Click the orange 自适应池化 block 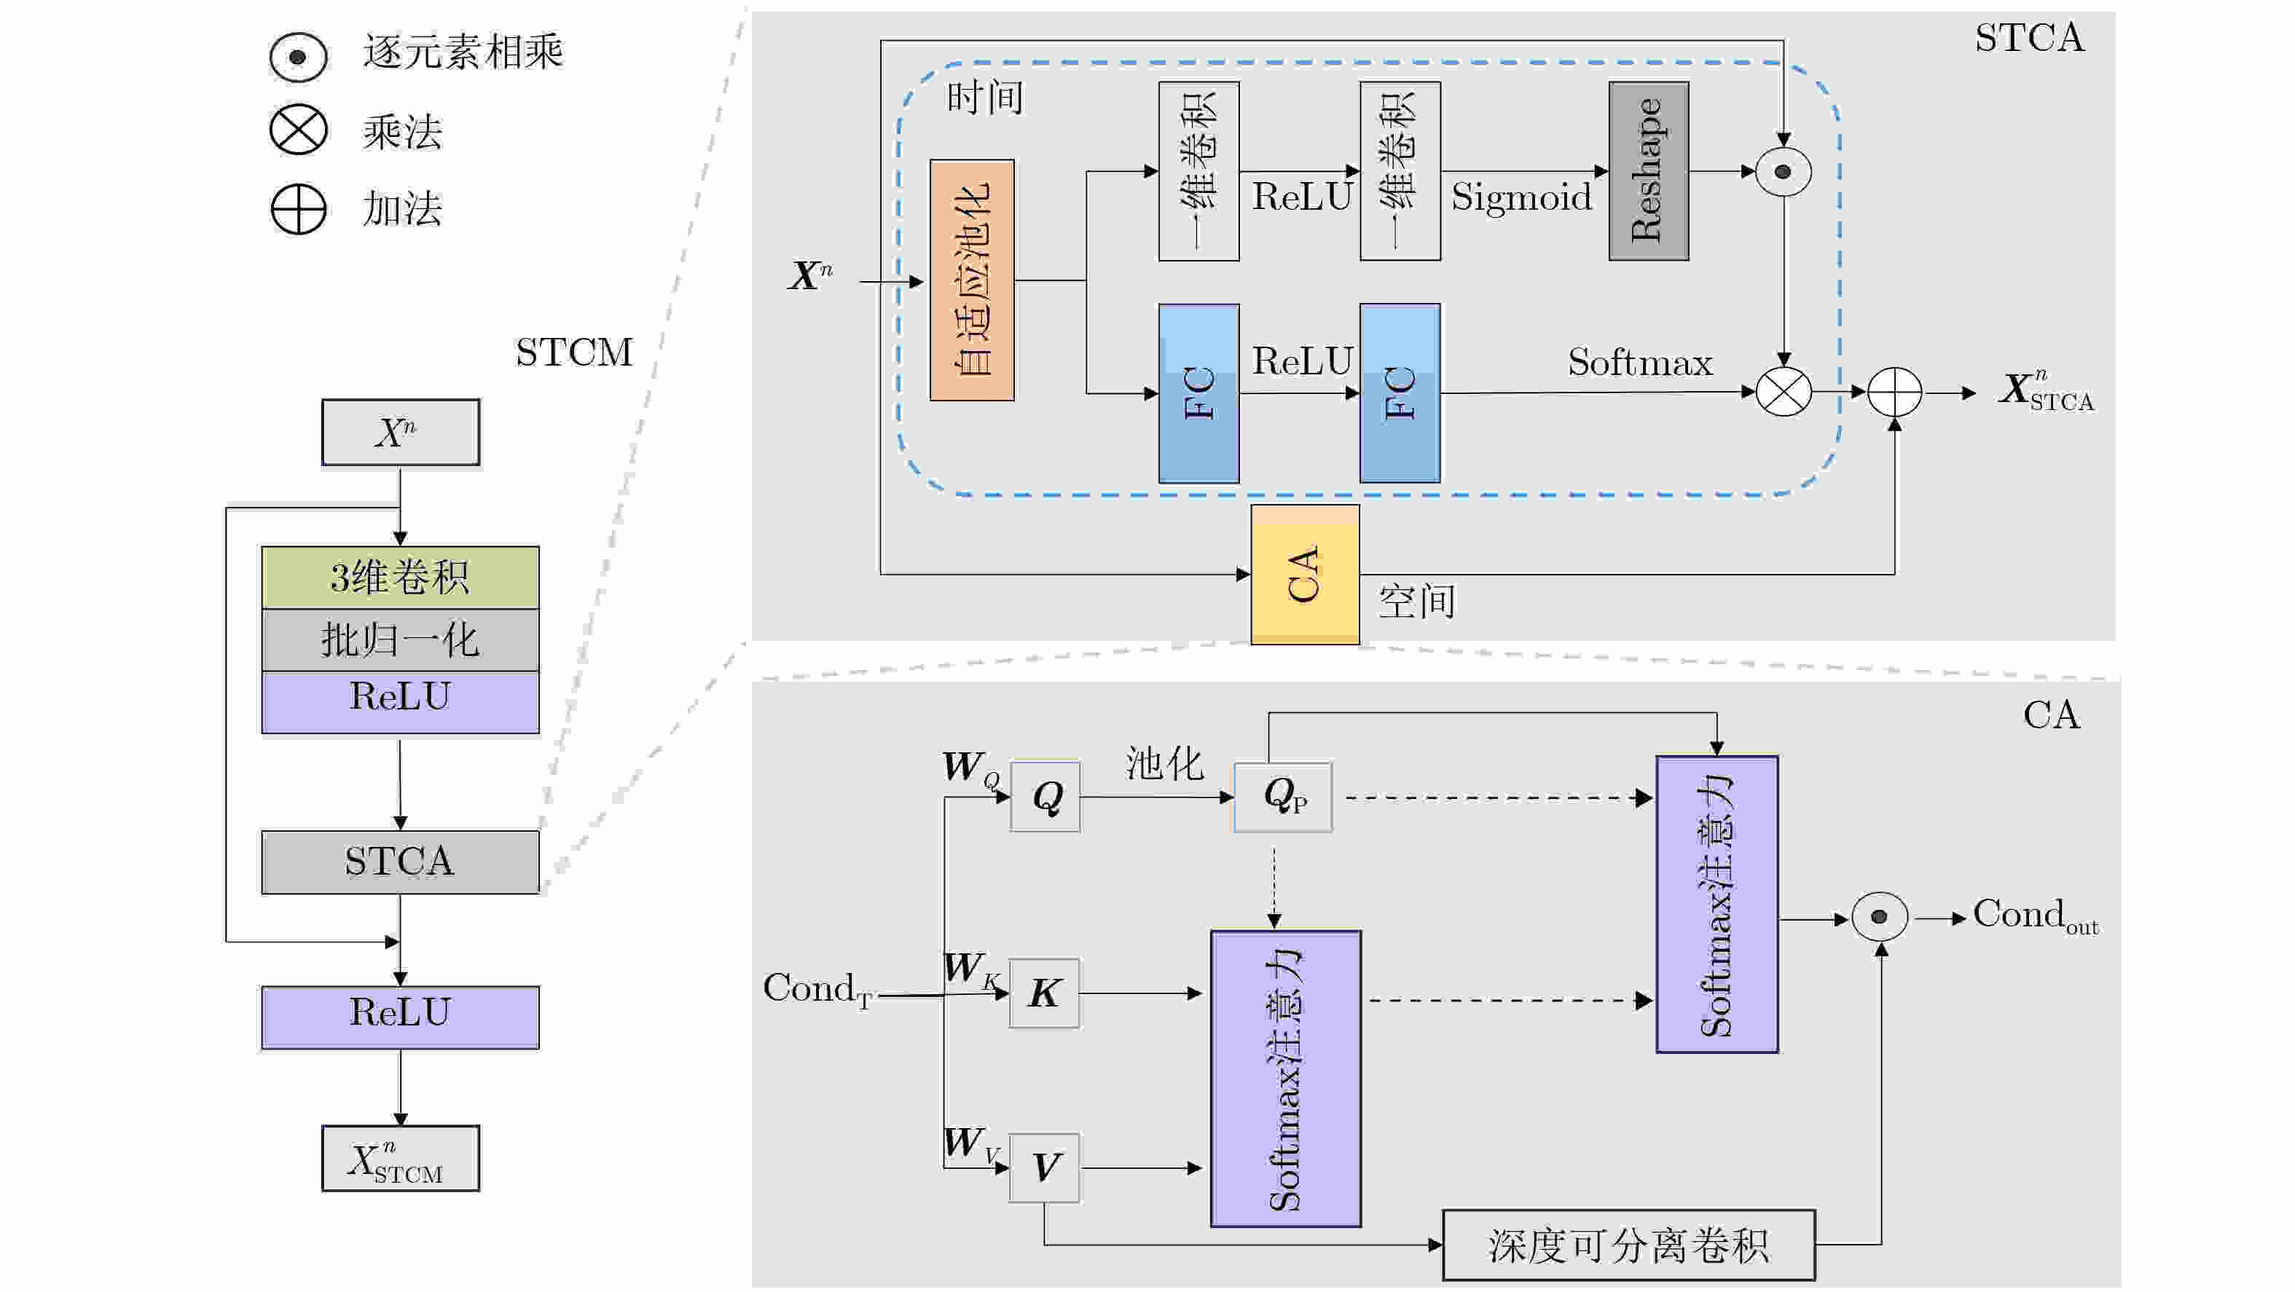coord(971,280)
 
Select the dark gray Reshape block coord(1648,171)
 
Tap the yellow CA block coord(1304,575)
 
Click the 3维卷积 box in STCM coord(400,577)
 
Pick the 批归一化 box coord(400,639)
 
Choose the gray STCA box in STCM coord(400,861)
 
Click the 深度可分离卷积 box coord(1628,1245)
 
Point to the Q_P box coord(1283,796)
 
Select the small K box coord(1044,993)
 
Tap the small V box coord(1044,1167)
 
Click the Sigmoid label coord(1521,197)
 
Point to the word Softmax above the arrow coord(1639,363)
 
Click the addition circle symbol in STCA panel coord(1894,392)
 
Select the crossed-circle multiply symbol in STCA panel coord(1783,392)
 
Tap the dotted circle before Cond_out coord(1879,916)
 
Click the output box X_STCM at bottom coord(400,1159)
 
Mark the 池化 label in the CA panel coord(1164,763)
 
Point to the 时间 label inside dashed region coord(984,97)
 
